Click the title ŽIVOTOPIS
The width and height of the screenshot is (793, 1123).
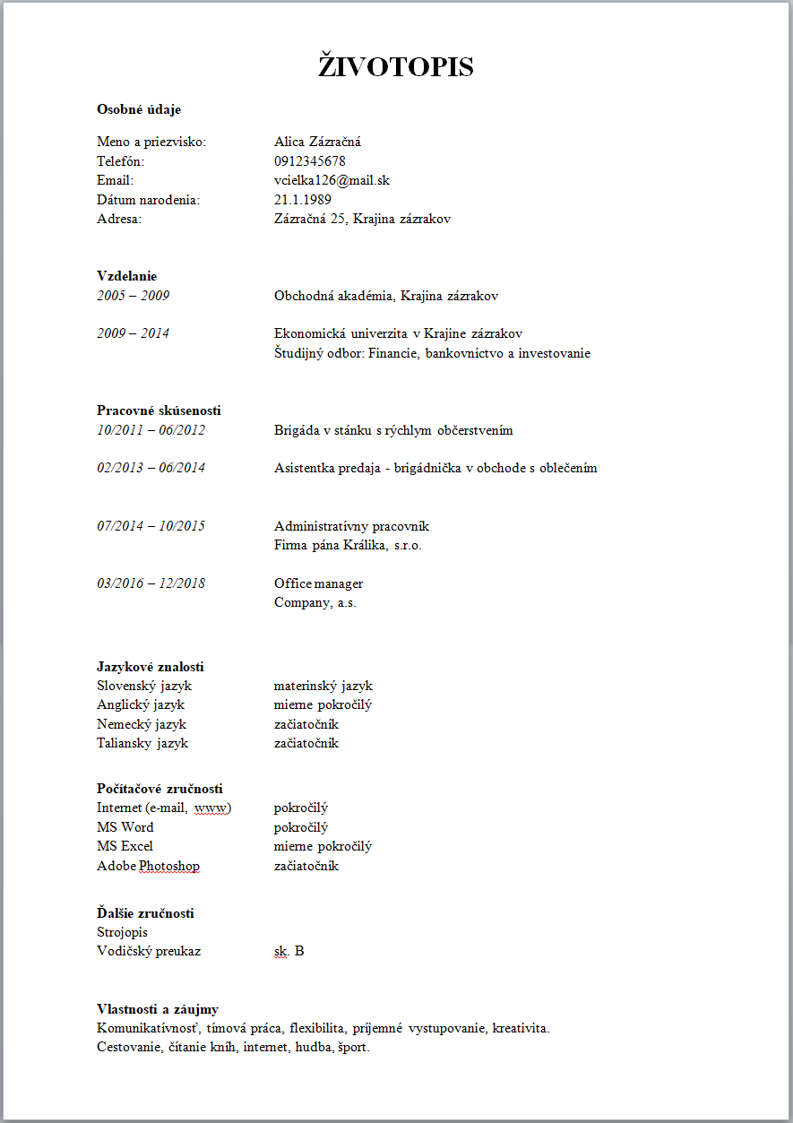point(396,66)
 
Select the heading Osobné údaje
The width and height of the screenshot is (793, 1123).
point(139,109)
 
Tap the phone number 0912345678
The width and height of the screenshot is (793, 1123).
point(310,161)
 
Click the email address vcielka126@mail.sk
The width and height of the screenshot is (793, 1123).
point(332,180)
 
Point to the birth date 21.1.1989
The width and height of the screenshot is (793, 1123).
point(303,199)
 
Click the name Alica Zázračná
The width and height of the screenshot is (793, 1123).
point(317,142)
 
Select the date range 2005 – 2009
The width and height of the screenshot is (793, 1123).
point(134,296)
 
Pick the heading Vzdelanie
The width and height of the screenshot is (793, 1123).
point(126,276)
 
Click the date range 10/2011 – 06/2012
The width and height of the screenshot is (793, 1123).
point(151,430)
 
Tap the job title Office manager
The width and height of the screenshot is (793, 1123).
point(318,583)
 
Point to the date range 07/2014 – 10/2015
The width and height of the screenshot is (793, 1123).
point(151,526)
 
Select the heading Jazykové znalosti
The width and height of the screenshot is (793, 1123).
point(150,667)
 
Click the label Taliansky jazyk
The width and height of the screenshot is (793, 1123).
point(142,743)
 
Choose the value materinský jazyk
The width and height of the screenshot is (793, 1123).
point(323,686)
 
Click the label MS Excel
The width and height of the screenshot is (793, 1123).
point(125,846)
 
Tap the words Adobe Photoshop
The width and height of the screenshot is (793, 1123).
point(148,866)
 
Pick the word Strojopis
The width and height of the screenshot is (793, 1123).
point(122,932)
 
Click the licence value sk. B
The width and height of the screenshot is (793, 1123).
point(289,951)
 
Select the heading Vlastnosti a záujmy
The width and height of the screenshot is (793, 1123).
point(158,1009)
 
